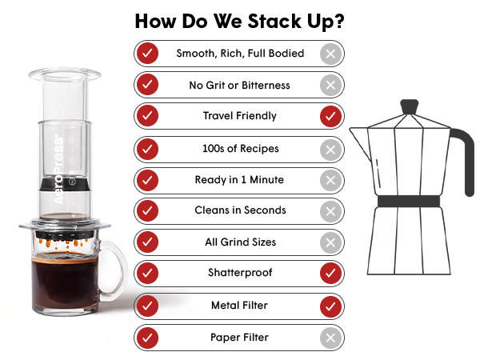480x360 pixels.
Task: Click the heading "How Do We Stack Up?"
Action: (x=240, y=22)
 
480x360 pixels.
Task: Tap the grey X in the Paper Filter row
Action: (x=330, y=338)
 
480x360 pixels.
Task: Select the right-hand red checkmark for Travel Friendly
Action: (x=330, y=116)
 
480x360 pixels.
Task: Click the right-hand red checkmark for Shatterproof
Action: (x=330, y=273)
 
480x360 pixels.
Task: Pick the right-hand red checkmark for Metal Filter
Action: (x=330, y=306)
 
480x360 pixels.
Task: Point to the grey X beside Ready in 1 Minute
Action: (x=330, y=180)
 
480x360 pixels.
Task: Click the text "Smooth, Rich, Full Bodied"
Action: (x=240, y=54)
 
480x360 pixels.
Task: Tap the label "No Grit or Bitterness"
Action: (x=239, y=85)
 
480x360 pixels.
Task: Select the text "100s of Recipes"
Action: (x=241, y=149)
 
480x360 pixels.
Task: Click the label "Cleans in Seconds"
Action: (x=240, y=210)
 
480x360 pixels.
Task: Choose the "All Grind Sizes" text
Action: (x=241, y=242)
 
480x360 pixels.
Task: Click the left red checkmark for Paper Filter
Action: (x=147, y=338)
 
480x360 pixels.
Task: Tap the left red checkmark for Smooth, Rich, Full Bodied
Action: (x=147, y=54)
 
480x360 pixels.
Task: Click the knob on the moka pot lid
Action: (x=410, y=107)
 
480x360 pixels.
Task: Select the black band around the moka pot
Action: (x=409, y=202)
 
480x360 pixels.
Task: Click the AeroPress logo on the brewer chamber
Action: (x=58, y=170)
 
